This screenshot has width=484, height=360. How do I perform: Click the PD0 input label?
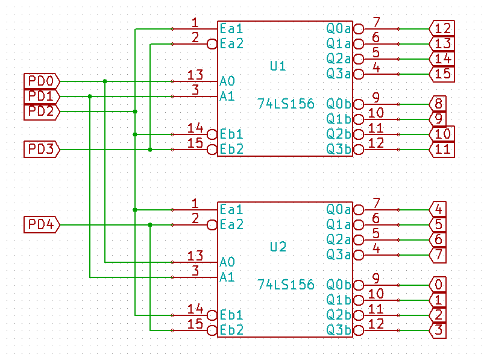(42, 81)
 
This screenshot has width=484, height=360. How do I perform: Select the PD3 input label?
(42, 149)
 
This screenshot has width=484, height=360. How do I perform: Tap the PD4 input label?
(42, 225)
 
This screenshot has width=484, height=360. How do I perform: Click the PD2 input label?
(42, 112)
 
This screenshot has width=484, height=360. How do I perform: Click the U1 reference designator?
(278, 66)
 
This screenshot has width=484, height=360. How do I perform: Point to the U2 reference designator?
(278, 247)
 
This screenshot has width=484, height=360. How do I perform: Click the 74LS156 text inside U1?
(286, 104)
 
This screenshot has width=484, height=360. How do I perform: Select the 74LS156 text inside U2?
(286, 284)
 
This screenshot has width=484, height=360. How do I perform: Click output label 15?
(442, 74)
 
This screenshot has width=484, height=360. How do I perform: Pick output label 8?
(438, 104)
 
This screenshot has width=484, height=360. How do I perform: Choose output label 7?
(438, 254)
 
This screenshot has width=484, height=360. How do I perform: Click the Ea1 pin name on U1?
(231, 28)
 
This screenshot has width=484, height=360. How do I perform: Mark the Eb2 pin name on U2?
(231, 330)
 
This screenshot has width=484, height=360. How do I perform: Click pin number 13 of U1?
(195, 75)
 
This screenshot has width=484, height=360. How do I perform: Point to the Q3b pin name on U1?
(338, 149)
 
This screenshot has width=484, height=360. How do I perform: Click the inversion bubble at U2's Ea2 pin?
(212, 225)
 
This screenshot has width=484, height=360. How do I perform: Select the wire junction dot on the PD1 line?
(90, 96)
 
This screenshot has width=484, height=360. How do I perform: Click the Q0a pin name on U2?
(338, 209)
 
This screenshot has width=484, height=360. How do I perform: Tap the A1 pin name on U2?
(227, 277)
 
